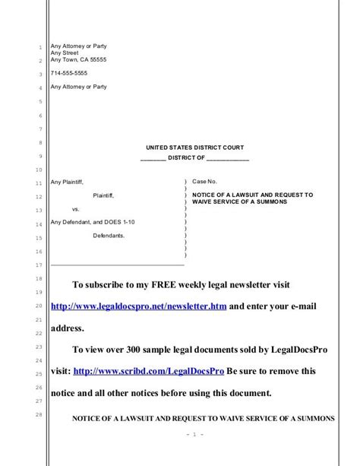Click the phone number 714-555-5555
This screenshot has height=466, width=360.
pos(68,74)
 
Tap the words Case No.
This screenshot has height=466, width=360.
pos(204,182)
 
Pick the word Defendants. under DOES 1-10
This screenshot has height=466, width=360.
pos(109,236)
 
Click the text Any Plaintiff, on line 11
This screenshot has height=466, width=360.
pos(67,182)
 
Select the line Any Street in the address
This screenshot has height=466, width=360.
pos(65,53)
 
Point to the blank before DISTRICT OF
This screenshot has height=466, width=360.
pos(154,158)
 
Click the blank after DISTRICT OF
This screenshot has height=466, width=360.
pos(227,158)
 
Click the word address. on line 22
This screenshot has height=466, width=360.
pos(68,329)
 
